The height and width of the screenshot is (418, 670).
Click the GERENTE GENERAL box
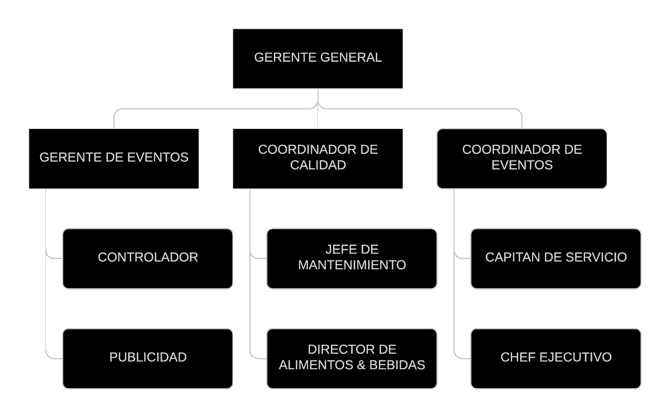point(318,59)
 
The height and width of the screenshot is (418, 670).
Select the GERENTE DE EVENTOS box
point(114,159)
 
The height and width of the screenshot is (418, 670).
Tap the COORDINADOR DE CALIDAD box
point(318,159)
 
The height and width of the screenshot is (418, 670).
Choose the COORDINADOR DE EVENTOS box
point(522,159)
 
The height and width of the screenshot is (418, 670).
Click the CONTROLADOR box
point(148,259)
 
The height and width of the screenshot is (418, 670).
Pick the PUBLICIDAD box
point(148,359)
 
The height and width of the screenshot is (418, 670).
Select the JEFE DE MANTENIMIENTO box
point(352,259)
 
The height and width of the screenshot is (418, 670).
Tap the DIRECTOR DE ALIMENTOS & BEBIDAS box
point(352,359)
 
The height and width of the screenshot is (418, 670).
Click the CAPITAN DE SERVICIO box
point(556,259)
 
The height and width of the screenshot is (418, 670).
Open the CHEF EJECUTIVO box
point(556,359)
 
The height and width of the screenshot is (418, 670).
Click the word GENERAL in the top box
point(351,58)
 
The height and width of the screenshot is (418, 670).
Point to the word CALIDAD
point(318,165)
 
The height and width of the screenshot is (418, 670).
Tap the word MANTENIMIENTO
point(352,265)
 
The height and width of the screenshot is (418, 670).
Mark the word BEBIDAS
point(397,365)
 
